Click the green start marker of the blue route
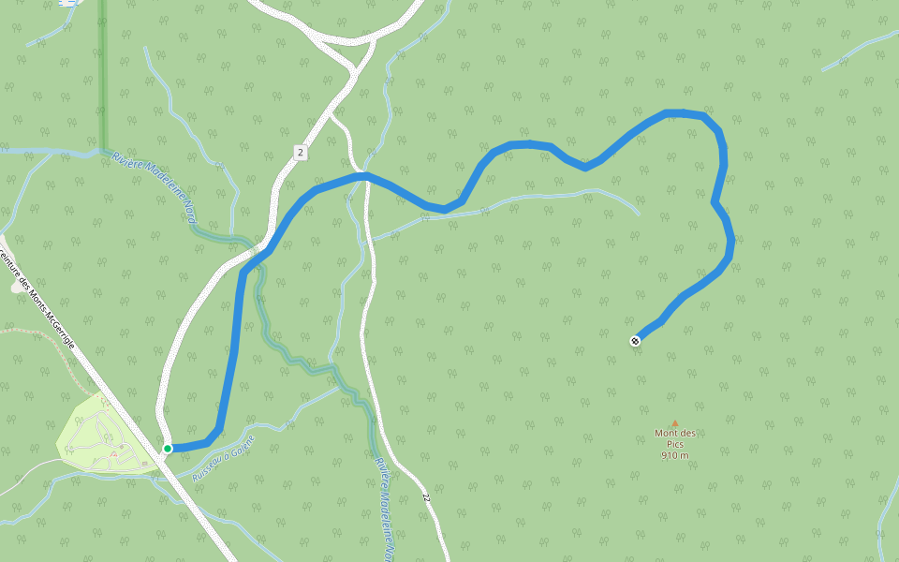pos(168,449)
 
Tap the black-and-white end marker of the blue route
pos(636,341)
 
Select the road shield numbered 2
pos(300,152)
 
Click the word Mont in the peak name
pos(667,433)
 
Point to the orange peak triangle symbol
pos(674,423)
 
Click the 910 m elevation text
pos(674,455)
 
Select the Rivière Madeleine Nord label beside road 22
pos(386,506)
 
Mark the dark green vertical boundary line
pos(103,75)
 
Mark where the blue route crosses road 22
pos(365,175)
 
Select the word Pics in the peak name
pos(674,444)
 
